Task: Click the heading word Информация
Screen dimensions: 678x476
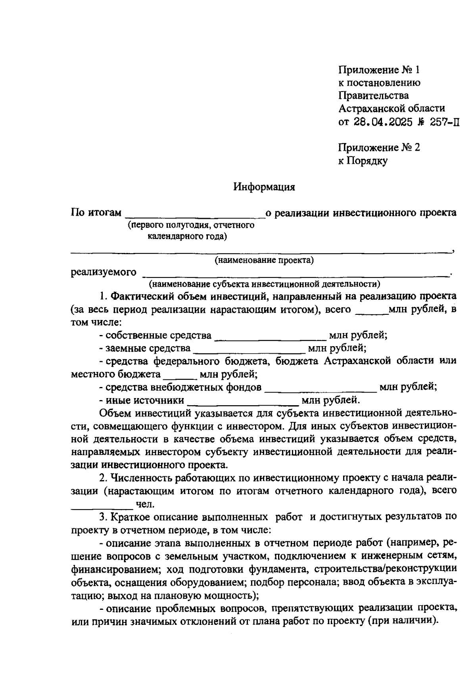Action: [264, 187]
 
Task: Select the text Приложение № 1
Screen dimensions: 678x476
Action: [378, 70]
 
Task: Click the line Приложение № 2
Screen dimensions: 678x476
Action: [379, 148]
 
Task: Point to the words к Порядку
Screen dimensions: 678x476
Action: [363, 161]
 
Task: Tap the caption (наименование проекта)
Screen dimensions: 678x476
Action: [264, 260]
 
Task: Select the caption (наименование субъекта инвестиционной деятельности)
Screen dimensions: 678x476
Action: [264, 284]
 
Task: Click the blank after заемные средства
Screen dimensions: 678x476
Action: [249, 350]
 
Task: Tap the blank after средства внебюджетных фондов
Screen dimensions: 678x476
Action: [320, 389]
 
